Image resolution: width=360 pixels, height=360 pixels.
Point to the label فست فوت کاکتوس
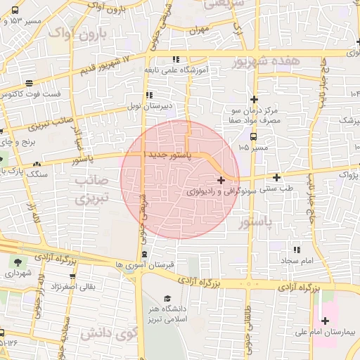[x=32, y=94]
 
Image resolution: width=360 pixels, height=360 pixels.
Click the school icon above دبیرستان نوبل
[x=148, y=95]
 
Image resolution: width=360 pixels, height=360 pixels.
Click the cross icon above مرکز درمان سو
[x=255, y=99]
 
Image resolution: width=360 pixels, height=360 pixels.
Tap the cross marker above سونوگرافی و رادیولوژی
[x=221, y=181]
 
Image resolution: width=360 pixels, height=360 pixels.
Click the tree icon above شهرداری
[x=15, y=262]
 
